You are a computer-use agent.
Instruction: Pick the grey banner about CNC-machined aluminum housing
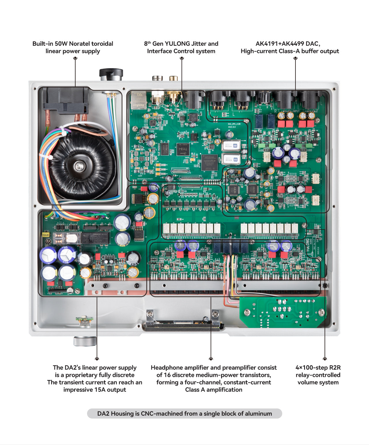click(184, 414)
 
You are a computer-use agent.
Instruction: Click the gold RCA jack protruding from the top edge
click(174, 78)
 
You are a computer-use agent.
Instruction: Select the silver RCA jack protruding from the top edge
click(157, 78)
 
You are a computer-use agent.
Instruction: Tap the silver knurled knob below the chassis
click(85, 341)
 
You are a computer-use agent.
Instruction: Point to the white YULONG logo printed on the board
click(308, 246)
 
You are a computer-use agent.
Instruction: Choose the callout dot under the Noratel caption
click(75, 58)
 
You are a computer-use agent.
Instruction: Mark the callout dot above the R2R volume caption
click(325, 359)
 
